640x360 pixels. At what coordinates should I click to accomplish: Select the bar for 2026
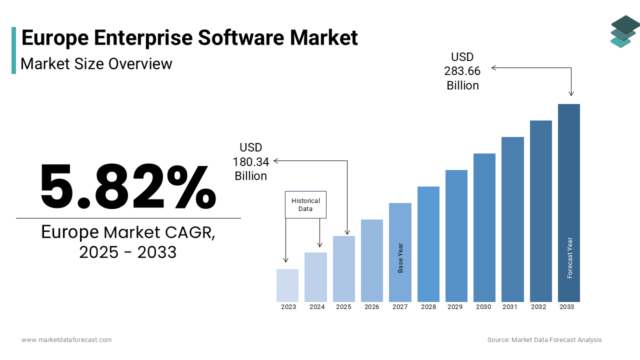coord(372,260)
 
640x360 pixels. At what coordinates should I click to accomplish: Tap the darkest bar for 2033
coord(569,202)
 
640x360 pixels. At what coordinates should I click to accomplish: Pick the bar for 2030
coord(484,227)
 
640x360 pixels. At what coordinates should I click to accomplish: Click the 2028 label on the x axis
coord(428,307)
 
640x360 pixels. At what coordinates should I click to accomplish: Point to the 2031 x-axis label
coord(510,307)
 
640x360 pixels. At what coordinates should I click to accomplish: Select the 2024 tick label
coord(317,307)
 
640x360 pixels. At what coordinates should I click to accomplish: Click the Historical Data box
coord(305,204)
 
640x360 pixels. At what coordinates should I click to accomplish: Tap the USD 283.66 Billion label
coord(462,71)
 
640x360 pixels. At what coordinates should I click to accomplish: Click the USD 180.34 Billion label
coord(251,162)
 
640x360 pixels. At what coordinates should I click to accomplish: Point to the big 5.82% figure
coord(128,187)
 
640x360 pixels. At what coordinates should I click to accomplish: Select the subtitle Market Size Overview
coord(96,64)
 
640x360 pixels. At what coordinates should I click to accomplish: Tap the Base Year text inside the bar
coord(400,258)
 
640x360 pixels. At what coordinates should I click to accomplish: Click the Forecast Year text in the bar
coord(569,257)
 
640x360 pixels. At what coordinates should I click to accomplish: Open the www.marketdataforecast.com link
coord(66,340)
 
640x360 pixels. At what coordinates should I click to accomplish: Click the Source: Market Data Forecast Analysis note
coord(544,340)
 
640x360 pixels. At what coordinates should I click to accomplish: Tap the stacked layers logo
coord(625,31)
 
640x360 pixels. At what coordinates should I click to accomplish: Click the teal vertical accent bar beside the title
coord(14,50)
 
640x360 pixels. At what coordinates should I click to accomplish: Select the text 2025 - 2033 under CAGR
coord(128,252)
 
